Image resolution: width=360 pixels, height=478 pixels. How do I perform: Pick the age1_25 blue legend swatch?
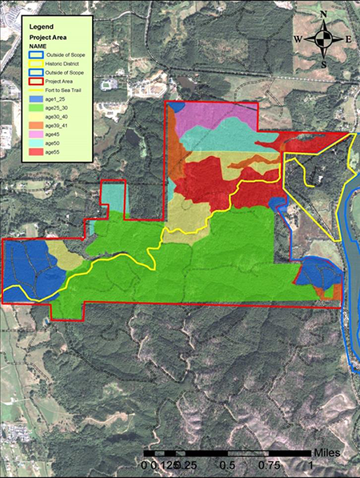pyautogui.click(x=36, y=99)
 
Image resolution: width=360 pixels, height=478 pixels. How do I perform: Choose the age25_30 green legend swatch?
pyautogui.click(x=36, y=108)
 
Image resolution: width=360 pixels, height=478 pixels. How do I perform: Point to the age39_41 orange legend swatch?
pyautogui.click(x=36, y=126)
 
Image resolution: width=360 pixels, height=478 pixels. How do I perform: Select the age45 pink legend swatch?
pyautogui.click(x=36, y=135)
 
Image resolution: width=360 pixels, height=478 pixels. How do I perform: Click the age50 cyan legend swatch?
pyautogui.click(x=36, y=143)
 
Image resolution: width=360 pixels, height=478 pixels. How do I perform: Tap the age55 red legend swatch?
pyautogui.click(x=36, y=152)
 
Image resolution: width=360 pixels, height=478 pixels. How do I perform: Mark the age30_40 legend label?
pyautogui.click(x=58, y=117)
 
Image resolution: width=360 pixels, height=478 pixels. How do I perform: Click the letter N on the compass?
pyautogui.click(x=323, y=14)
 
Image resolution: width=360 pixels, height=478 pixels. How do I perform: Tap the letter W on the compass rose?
pyautogui.click(x=298, y=38)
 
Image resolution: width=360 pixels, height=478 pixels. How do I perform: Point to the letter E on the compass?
pyautogui.click(x=348, y=38)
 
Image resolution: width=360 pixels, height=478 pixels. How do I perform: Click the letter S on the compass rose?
pyautogui.click(x=323, y=64)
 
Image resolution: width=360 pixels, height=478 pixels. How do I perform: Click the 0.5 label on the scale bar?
pyautogui.click(x=226, y=464)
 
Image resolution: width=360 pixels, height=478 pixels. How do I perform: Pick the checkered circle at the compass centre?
pyautogui.click(x=323, y=38)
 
